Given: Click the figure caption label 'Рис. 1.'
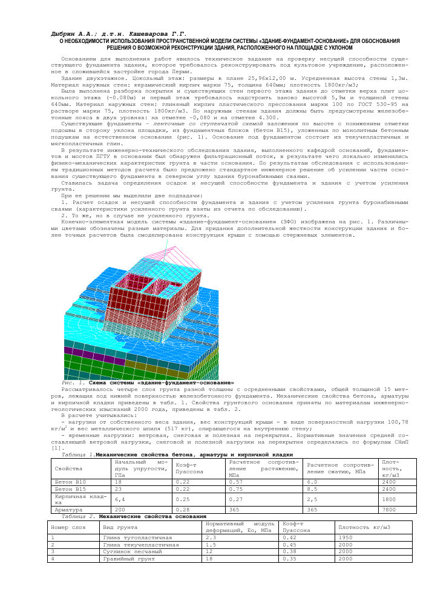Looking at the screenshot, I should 73,382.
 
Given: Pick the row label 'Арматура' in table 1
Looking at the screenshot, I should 67,510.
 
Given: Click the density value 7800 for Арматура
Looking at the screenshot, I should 390,510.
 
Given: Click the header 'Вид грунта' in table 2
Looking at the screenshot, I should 118,527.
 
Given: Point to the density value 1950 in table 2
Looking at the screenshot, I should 345,537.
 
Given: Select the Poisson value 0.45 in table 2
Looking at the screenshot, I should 290,545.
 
